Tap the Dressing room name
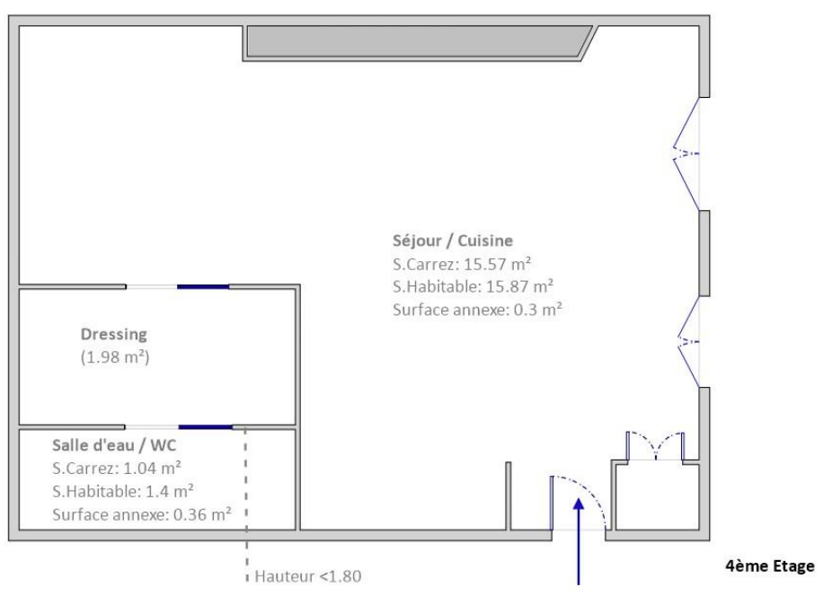113,334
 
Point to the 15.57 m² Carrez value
509,264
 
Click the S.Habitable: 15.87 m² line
473,287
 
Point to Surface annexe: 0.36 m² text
141,513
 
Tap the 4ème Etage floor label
769,566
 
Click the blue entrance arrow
580,539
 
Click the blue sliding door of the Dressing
203,286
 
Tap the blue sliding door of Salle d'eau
205,426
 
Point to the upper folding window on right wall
688,153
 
